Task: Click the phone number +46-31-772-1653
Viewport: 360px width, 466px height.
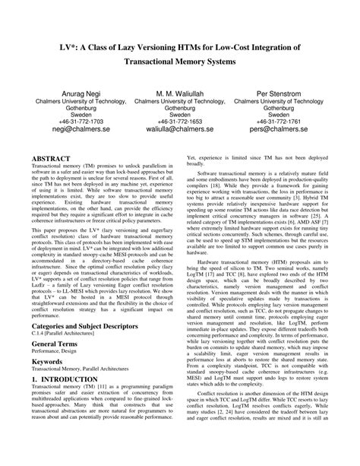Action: pos(179,119)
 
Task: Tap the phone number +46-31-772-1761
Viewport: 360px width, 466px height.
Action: pos(292,119)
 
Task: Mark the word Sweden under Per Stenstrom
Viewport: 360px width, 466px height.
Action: pos(292,110)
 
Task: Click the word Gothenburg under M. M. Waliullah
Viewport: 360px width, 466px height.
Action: pos(179,101)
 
